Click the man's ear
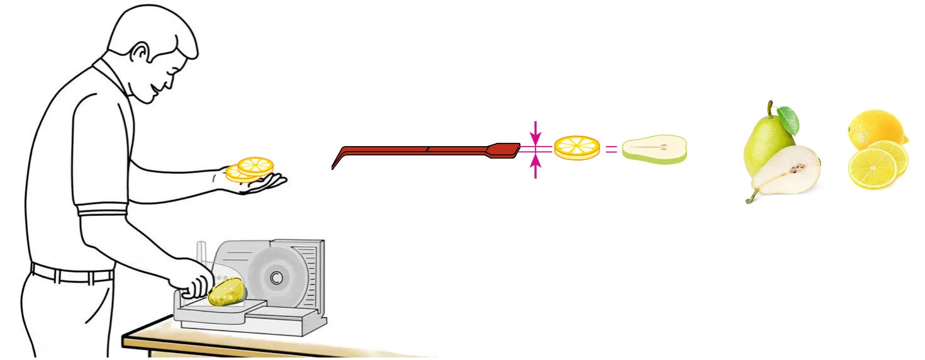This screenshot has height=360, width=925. pyautogui.click(x=139, y=52)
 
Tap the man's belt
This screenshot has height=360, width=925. pyautogui.click(x=72, y=275)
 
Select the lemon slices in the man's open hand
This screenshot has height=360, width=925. pyautogui.click(x=250, y=169)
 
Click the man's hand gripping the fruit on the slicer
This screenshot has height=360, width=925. pyautogui.click(x=195, y=284)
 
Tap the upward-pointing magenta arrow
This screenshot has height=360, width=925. pyautogui.click(x=535, y=165)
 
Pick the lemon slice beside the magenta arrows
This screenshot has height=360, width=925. pyautogui.click(x=576, y=147)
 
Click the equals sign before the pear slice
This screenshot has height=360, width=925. pyautogui.click(x=611, y=150)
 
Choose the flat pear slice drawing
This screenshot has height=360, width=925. pyautogui.click(x=654, y=150)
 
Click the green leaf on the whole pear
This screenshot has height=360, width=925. pyautogui.click(x=788, y=120)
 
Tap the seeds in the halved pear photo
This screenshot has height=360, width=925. pyautogui.click(x=797, y=168)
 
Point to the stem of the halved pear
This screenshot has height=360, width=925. pyautogui.click(x=750, y=197)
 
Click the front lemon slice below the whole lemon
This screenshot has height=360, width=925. pyautogui.click(x=872, y=169)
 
